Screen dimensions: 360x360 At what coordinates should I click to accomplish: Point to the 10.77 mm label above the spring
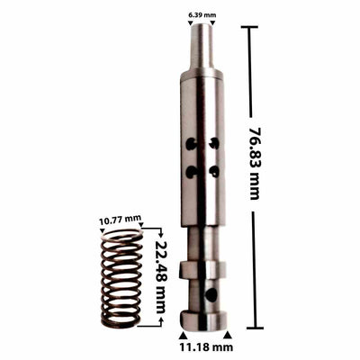click(x=120, y=219)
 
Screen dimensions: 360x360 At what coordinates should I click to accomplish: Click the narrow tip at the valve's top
click(x=202, y=45)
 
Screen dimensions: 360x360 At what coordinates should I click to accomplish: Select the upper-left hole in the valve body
click(x=191, y=143)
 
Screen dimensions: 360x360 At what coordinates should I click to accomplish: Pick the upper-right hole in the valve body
click(x=213, y=142)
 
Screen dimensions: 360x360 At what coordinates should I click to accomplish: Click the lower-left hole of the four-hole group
click(x=191, y=171)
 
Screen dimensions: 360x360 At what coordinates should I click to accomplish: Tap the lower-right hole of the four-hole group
click(x=213, y=170)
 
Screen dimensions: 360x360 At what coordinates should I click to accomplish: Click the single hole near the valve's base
click(x=210, y=294)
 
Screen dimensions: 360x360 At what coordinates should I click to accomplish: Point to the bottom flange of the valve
click(x=202, y=319)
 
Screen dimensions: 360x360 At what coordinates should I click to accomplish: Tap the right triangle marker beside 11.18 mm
click(x=227, y=335)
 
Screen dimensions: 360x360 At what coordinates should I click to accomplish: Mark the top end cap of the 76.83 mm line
click(x=248, y=27)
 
